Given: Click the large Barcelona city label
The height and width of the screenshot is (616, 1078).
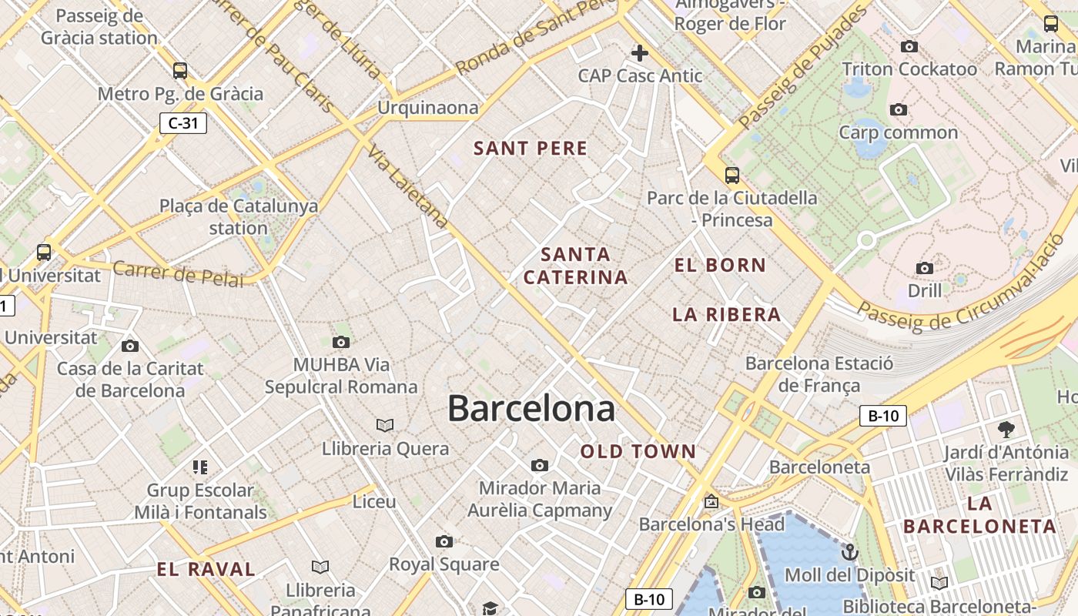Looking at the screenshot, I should pyautogui.click(x=531, y=408).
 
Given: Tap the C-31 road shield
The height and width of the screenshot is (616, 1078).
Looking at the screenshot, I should pyautogui.click(x=183, y=122).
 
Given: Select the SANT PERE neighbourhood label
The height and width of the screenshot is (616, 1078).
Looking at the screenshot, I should pyautogui.click(x=531, y=149).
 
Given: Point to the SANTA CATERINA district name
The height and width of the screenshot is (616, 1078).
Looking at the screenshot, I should pyautogui.click(x=576, y=266).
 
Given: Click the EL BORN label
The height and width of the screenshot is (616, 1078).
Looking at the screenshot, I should pyautogui.click(x=721, y=266).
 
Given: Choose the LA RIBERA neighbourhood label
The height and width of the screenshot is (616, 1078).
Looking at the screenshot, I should pyautogui.click(x=727, y=314).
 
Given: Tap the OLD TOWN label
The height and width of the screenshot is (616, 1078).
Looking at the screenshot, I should pyautogui.click(x=638, y=452).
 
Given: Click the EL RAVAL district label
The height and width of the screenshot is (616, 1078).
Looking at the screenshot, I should pyautogui.click(x=206, y=570).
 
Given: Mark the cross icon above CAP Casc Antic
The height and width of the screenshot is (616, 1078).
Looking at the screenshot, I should pyautogui.click(x=639, y=53).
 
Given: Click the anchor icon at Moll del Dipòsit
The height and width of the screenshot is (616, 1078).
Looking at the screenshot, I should pyautogui.click(x=849, y=552).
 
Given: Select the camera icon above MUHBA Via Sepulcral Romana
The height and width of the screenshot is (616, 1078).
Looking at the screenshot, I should pyautogui.click(x=341, y=342).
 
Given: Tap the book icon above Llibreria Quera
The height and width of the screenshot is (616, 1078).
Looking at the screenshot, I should pyautogui.click(x=385, y=425).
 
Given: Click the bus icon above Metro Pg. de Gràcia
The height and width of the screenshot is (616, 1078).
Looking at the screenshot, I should pyautogui.click(x=180, y=71).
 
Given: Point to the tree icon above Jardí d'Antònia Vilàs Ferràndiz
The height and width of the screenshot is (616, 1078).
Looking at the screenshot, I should pyautogui.click(x=1006, y=430).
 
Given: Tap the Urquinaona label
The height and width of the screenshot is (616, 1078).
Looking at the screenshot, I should pyautogui.click(x=427, y=108).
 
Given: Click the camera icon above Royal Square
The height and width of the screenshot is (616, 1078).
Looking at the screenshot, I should pyautogui.click(x=444, y=541).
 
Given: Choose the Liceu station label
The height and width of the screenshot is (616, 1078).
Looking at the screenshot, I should pyautogui.click(x=374, y=502).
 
